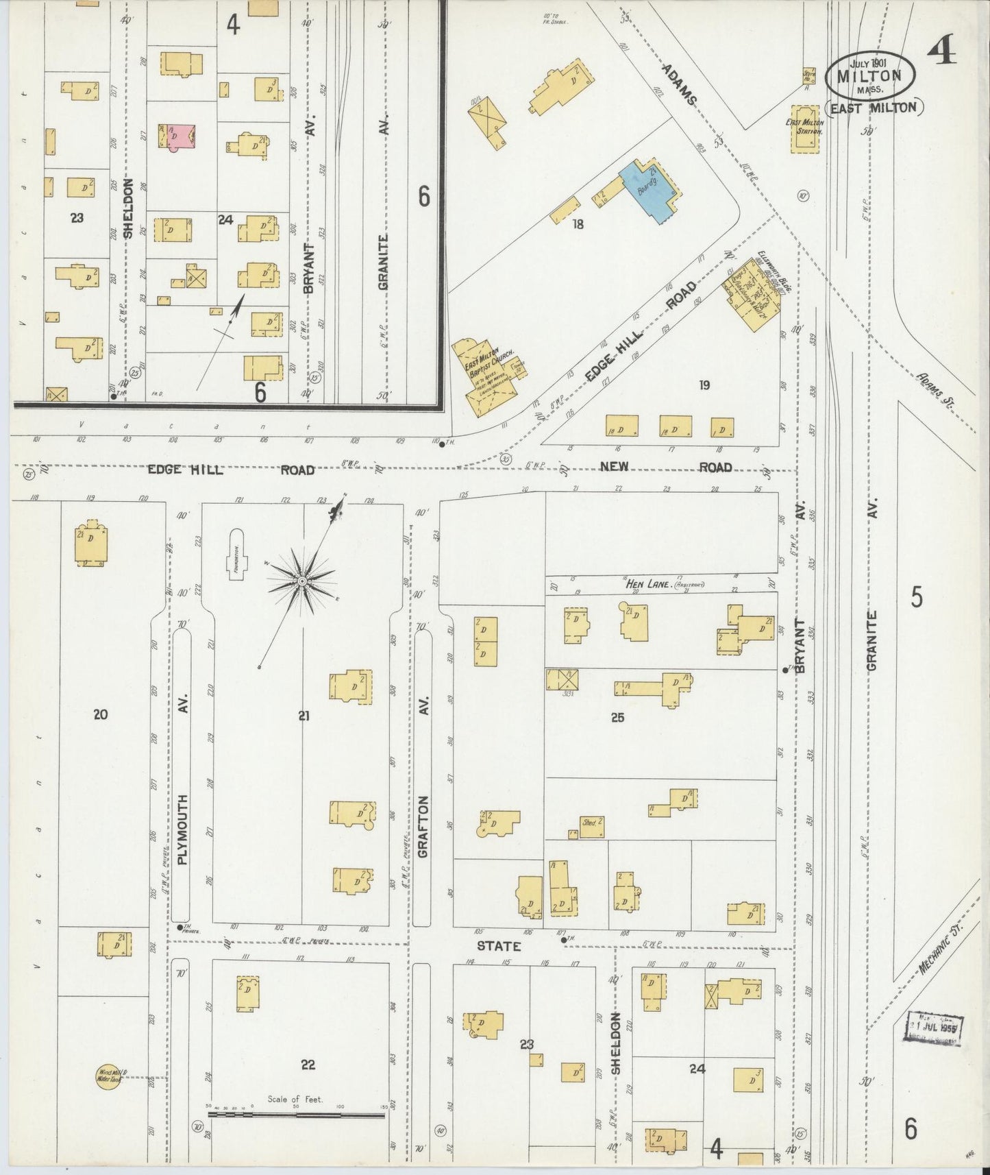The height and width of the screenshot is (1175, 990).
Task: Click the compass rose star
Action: tap(301, 581)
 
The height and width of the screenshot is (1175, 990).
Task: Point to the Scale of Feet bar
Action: tap(296, 1115)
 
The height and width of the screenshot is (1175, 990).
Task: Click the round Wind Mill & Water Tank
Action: tap(109, 1076)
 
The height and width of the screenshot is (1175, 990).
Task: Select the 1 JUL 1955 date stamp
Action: tap(935, 1028)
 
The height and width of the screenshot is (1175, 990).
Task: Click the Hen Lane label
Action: tap(641, 584)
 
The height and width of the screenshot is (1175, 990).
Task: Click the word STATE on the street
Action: tap(499, 946)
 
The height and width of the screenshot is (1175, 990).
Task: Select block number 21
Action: tap(304, 716)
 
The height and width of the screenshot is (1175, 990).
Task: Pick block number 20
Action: tap(101, 714)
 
